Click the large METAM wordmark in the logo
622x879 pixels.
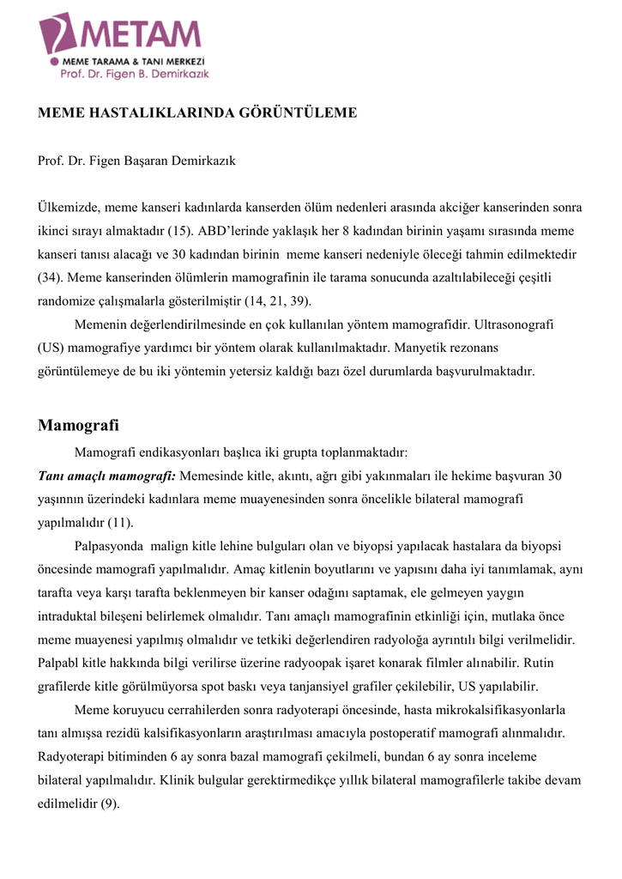point(142,34)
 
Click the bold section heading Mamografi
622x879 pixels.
point(78,426)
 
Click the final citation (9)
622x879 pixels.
point(110,803)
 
